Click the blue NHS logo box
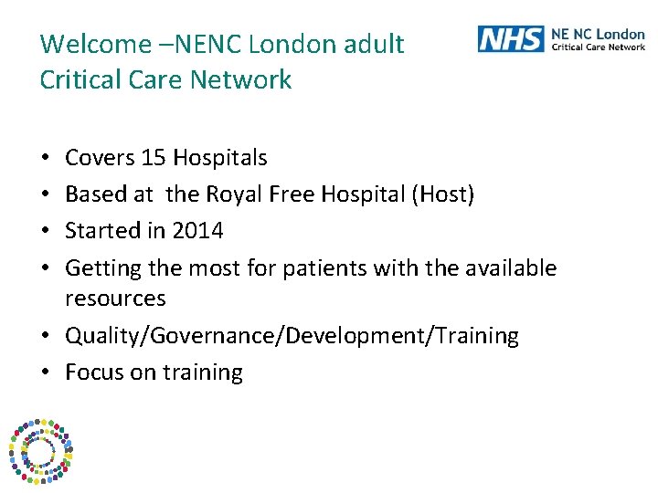510,39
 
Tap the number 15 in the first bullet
152,158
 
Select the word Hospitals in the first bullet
219,158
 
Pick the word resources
115,299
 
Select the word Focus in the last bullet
92,372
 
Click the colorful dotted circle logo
40,451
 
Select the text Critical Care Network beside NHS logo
598,47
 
